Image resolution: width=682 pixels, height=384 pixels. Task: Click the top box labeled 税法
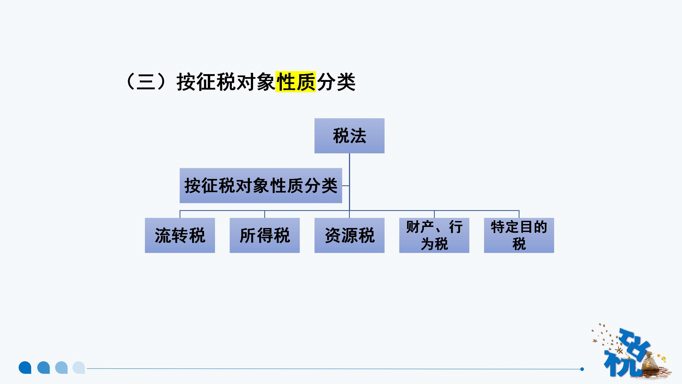click(349, 136)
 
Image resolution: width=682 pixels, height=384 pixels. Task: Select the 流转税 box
click(180, 235)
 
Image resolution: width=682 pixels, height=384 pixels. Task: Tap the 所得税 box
click(265, 235)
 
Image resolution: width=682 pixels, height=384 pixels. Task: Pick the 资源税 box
click(349, 235)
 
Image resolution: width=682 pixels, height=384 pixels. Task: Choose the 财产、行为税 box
click(434, 235)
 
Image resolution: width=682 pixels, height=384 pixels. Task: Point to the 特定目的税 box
click(519, 235)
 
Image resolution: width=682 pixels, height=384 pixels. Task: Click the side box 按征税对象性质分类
click(261, 186)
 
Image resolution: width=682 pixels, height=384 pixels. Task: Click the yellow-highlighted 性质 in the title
click(295, 82)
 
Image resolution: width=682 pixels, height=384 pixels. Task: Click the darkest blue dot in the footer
click(25, 367)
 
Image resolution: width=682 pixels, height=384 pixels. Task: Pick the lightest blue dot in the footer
click(79, 367)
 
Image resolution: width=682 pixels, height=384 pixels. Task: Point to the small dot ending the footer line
click(582, 369)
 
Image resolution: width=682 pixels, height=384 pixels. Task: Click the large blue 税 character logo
click(623, 357)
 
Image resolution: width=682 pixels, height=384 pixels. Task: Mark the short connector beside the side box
click(346, 186)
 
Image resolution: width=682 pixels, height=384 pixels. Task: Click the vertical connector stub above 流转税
click(180, 214)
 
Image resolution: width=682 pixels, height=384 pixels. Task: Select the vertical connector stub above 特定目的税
click(519, 214)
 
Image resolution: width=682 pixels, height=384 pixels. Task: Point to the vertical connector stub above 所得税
click(265, 214)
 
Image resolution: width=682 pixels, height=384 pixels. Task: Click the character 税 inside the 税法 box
click(341, 136)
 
